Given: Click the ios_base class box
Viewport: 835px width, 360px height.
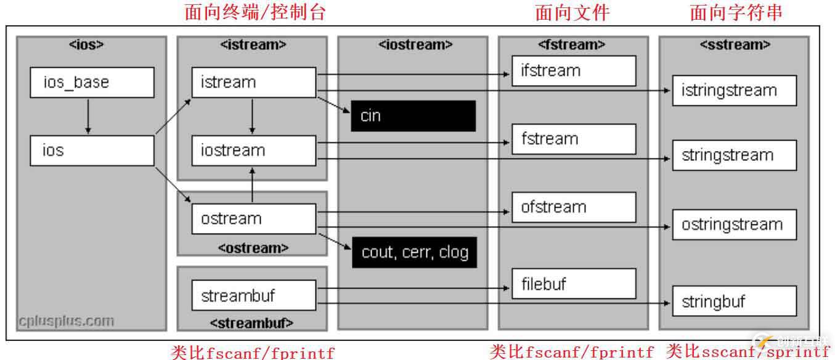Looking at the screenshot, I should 92,83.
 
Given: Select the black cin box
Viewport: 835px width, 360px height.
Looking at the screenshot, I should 413,116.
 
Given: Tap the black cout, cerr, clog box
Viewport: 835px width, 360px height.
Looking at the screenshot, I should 414,252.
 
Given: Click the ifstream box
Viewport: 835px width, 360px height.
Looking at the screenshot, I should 573,70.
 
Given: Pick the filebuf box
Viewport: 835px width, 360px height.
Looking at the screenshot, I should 573,284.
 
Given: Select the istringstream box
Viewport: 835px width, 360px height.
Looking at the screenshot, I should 734,91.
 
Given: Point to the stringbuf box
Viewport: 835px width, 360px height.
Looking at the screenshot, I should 734,302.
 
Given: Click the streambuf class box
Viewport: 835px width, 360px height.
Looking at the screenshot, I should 253,295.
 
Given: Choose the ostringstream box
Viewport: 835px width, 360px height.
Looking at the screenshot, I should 734,224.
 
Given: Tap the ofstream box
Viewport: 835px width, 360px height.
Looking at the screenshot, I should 573,207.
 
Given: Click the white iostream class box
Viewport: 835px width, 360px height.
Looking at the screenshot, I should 253,150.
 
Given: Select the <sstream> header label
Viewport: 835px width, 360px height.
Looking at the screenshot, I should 734,44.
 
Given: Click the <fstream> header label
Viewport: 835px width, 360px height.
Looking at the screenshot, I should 573,44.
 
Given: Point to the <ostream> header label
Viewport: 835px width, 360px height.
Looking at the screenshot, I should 253,248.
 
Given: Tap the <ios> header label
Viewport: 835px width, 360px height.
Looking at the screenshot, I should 91,44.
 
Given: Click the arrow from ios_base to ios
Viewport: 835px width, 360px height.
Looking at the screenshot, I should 88,117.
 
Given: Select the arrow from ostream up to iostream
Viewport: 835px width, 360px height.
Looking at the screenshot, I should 252,185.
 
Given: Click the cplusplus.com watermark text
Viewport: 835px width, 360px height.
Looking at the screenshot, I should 66,321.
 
